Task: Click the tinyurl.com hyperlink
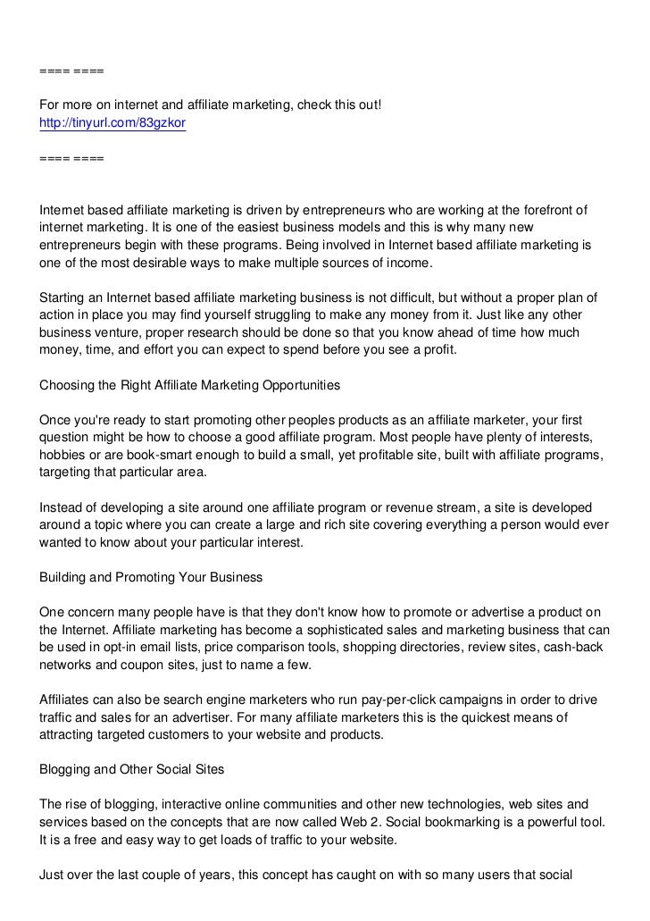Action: (x=112, y=123)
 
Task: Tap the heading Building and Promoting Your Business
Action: (x=151, y=577)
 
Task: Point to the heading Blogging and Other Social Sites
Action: (x=132, y=769)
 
